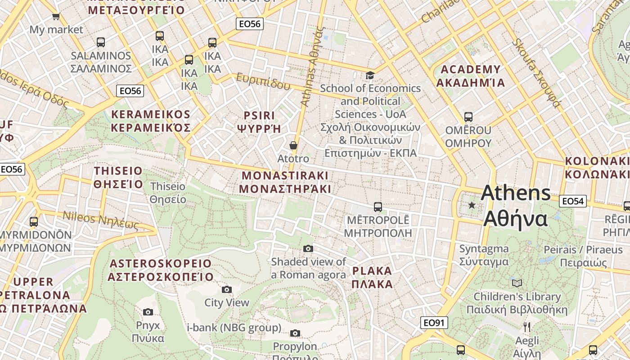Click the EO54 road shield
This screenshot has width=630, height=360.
coord(573,201)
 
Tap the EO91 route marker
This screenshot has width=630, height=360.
coord(434,322)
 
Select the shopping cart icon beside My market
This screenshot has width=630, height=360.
coord(56,17)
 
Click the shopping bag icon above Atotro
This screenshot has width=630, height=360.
coord(293,145)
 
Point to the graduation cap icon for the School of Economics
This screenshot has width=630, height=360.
coord(370,75)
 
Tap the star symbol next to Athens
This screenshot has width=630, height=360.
coord(472,205)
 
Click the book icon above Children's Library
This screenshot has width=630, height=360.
coord(517,283)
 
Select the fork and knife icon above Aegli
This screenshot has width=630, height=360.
coord(527,327)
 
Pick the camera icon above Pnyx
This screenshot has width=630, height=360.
coord(148,312)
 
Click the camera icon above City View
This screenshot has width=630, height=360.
coord(226,289)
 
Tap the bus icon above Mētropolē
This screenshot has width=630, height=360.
coord(378,207)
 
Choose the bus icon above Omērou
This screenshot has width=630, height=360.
coord(468,117)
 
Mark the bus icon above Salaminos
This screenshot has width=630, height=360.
coord(101,42)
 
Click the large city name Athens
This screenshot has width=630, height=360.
coord(515,193)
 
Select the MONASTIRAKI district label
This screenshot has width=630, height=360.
coord(285,175)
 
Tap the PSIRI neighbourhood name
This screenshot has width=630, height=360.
coord(259,115)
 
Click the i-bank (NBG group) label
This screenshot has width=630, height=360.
coord(234,328)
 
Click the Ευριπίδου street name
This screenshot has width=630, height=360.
coord(263,81)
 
